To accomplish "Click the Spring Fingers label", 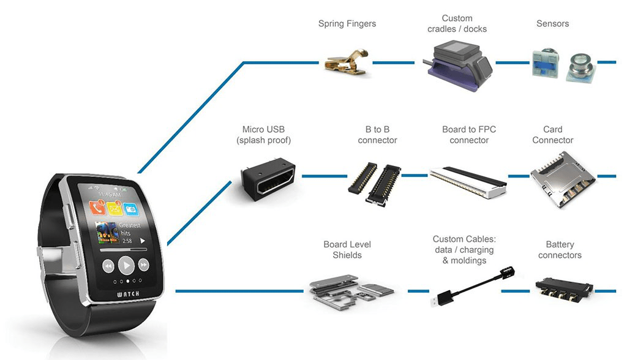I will (347, 24).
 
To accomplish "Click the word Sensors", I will (552, 24).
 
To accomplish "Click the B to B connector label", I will (377, 135).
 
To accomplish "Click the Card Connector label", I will (552, 135).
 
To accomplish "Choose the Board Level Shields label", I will (347, 250).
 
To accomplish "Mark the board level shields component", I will (347, 288).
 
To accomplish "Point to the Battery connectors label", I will (560, 250).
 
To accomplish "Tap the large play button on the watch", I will (126, 265).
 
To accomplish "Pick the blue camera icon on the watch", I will (130, 208).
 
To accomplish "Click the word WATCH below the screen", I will (128, 294).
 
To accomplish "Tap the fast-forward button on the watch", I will (144, 265).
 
